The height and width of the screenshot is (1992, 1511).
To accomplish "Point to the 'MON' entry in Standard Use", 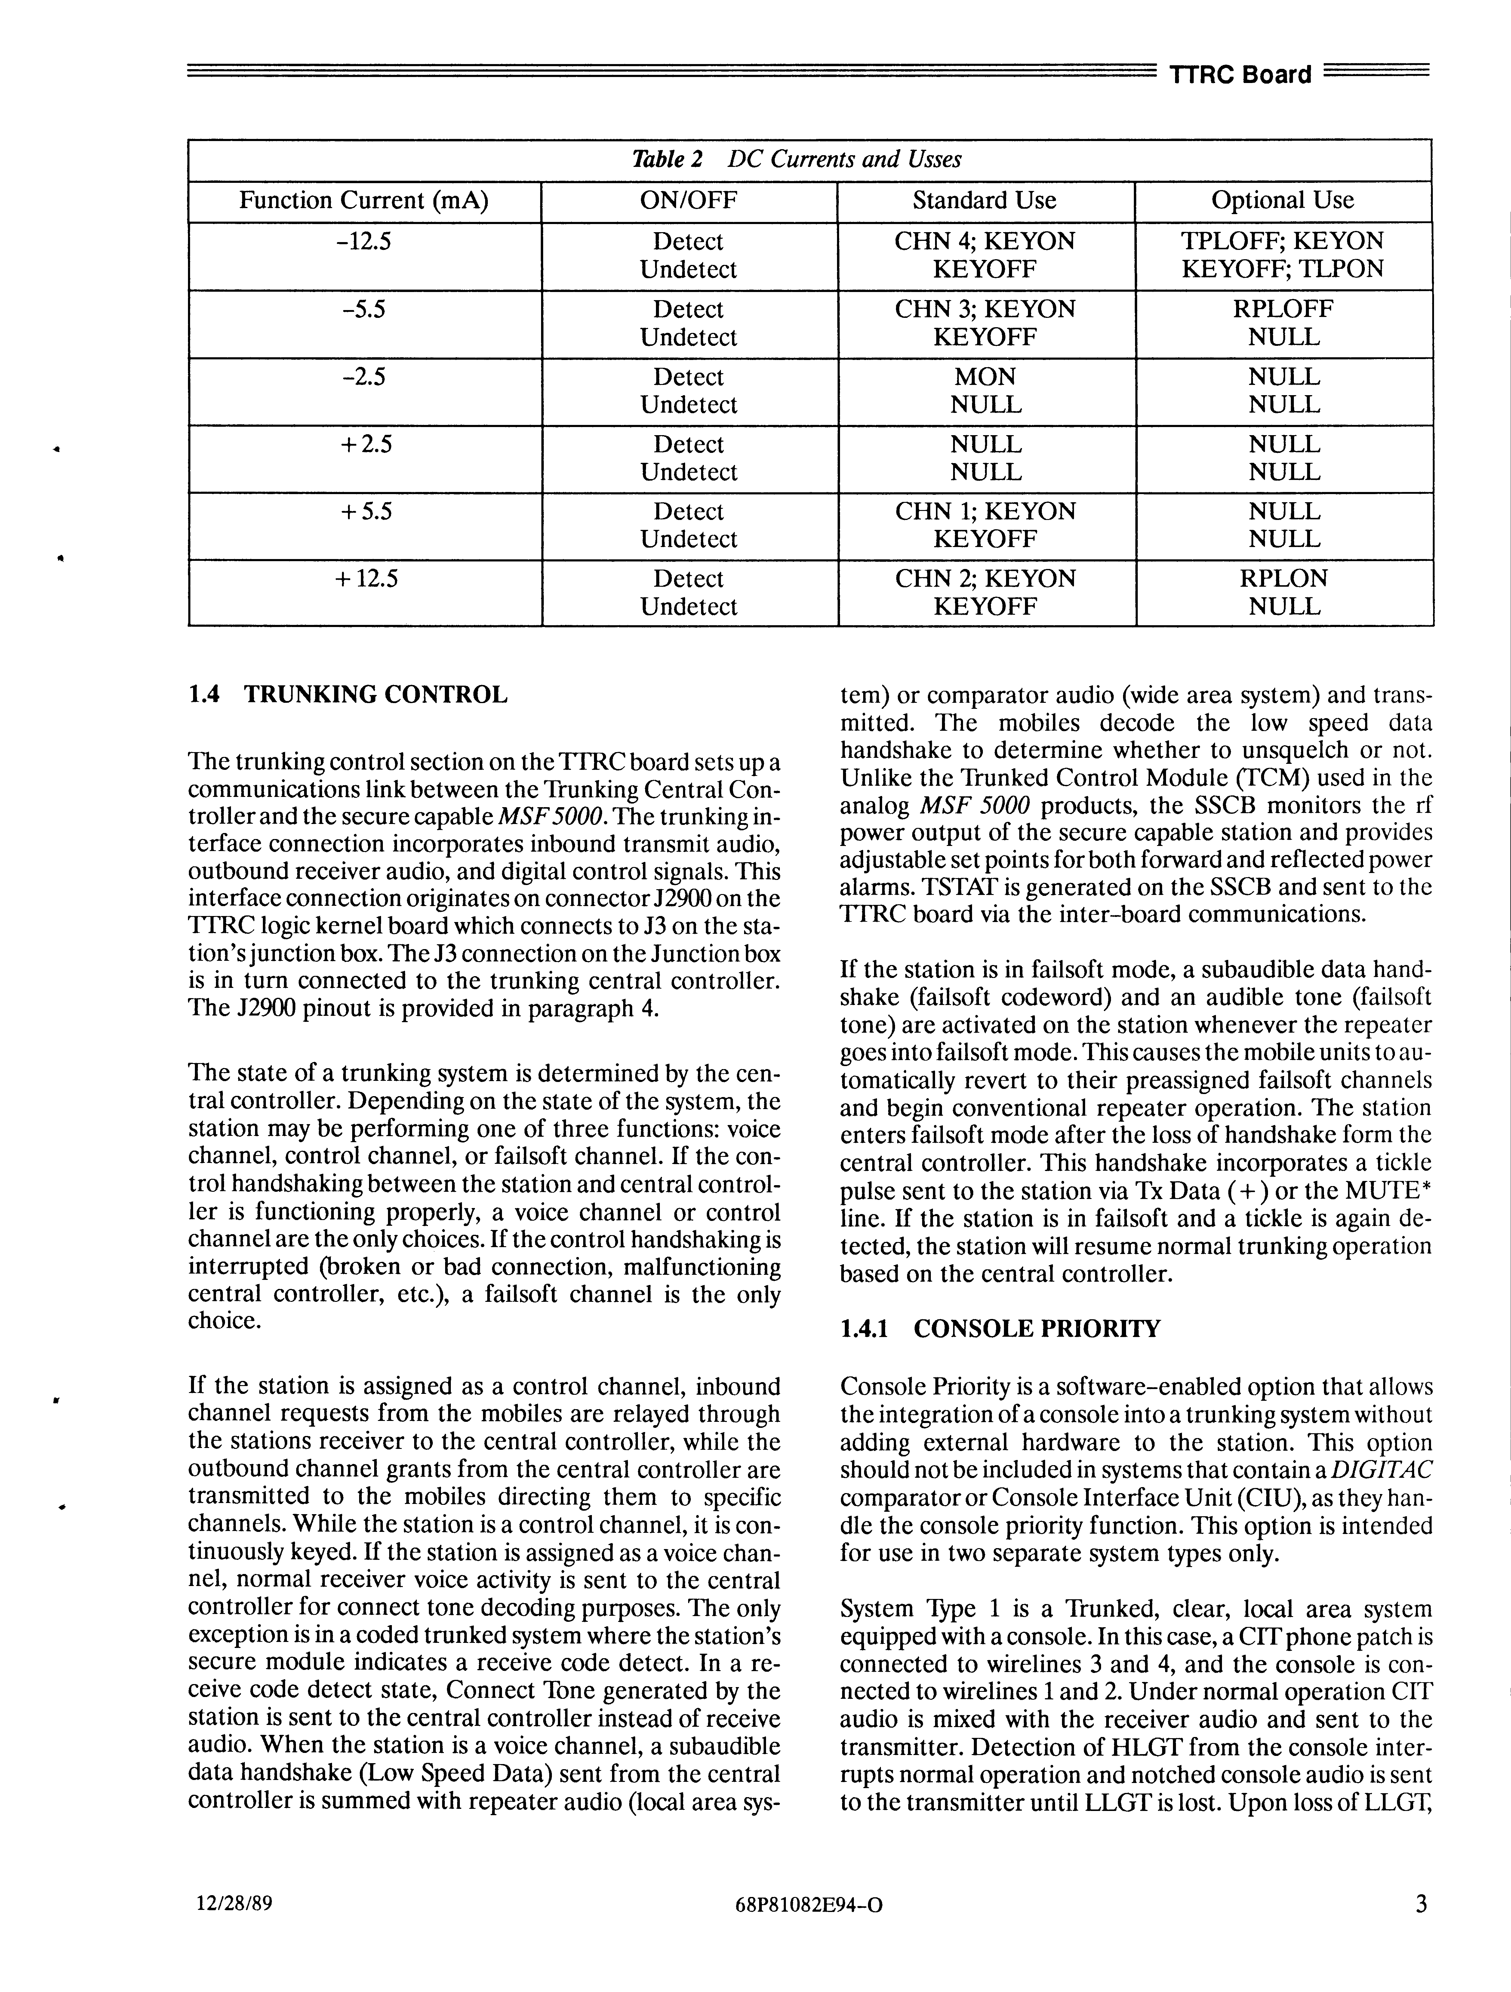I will click(985, 377).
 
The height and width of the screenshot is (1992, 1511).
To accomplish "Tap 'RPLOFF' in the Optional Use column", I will click(1283, 309).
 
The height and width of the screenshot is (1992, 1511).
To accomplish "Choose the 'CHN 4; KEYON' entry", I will click(985, 241).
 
